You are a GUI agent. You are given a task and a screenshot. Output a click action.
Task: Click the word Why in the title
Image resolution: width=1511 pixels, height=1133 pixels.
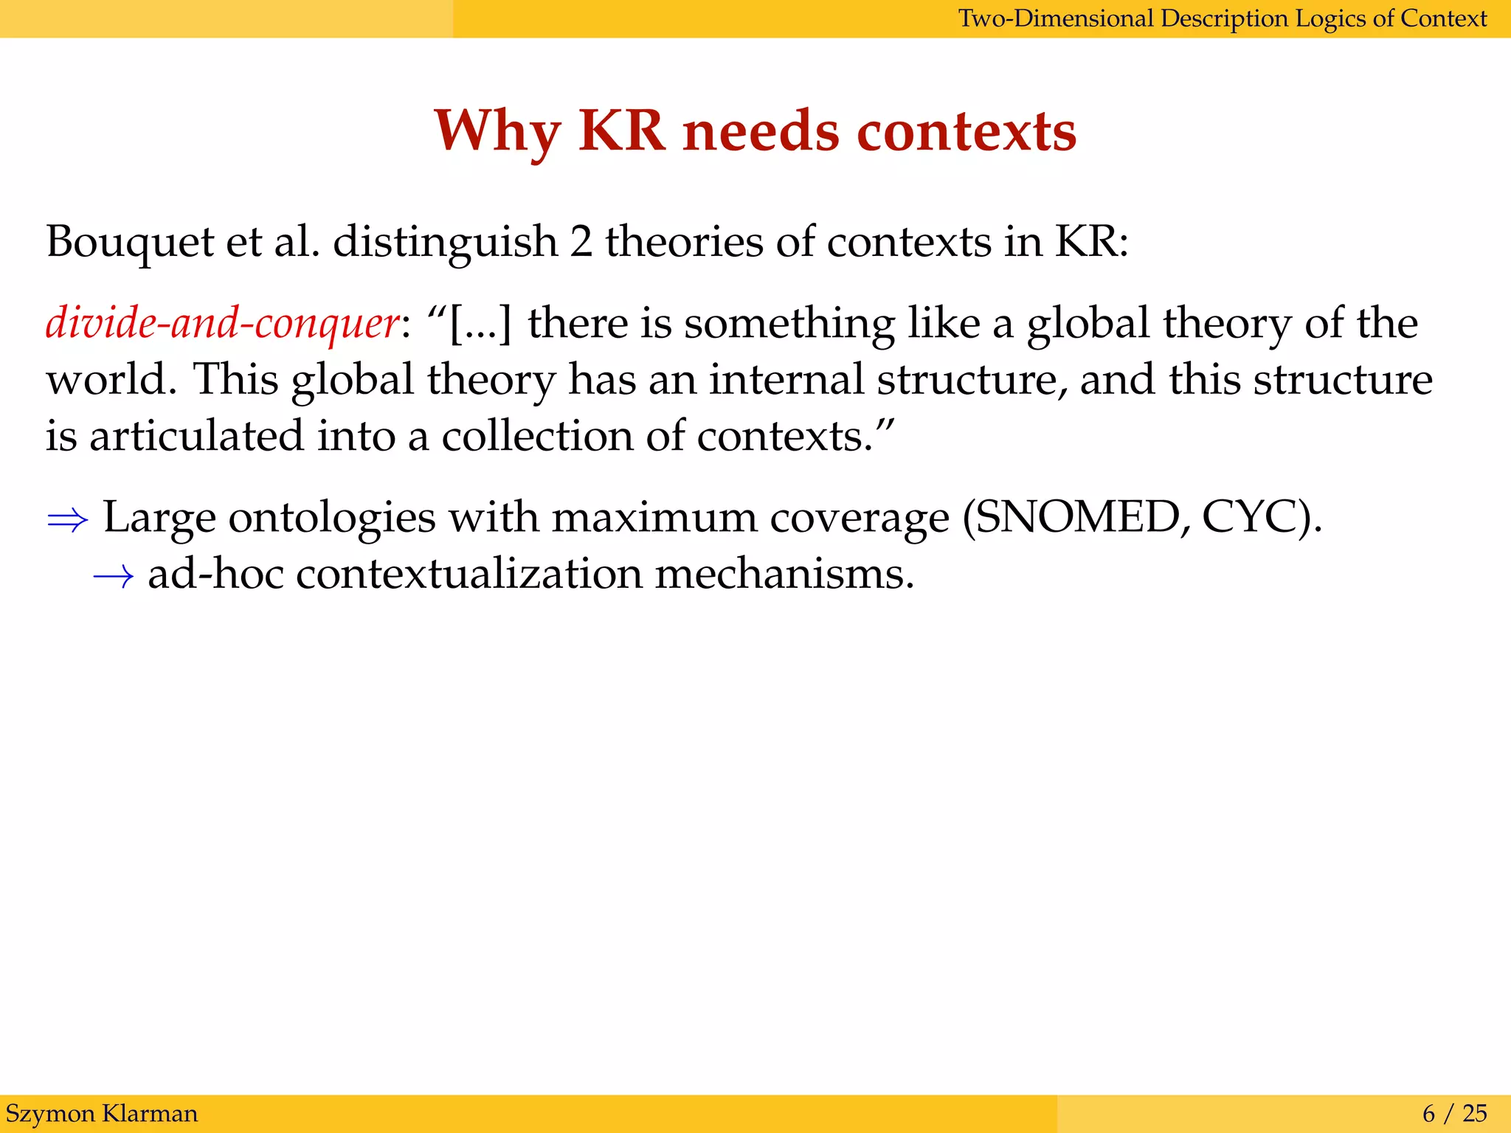[497, 132]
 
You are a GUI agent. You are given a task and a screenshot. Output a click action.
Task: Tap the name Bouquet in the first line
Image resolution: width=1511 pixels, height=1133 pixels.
[129, 242]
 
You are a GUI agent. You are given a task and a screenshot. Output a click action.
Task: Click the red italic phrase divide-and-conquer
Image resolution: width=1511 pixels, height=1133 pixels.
[222, 323]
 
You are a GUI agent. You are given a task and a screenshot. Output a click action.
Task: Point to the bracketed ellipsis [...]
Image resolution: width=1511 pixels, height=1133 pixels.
[480, 323]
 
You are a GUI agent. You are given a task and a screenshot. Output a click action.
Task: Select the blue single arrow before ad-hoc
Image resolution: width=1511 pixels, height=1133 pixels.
[114, 575]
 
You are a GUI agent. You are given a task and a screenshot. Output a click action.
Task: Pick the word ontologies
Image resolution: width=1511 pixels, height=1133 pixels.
[332, 519]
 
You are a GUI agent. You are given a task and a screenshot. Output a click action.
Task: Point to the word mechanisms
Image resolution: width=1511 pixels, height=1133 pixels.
[784, 574]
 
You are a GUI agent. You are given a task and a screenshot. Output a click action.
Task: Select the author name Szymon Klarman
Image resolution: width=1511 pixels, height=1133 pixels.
[102, 1113]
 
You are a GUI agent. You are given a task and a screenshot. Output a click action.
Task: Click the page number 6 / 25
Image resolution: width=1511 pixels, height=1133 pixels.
[1454, 1113]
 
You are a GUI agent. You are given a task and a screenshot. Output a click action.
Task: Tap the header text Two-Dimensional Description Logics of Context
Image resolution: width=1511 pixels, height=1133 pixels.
[1222, 18]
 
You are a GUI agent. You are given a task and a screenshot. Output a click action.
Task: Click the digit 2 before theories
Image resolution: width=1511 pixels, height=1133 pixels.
[581, 242]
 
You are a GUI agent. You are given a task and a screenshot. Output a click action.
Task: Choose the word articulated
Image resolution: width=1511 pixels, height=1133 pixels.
[196, 436]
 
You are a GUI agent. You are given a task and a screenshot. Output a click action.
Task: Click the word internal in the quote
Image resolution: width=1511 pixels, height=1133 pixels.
[786, 379]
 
